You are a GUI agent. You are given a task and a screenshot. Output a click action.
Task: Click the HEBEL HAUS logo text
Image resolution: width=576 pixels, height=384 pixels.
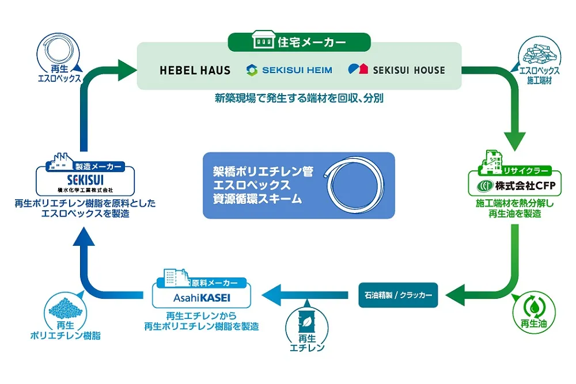point(195,71)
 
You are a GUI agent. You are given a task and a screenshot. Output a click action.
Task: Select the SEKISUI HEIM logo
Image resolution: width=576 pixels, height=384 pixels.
point(289,70)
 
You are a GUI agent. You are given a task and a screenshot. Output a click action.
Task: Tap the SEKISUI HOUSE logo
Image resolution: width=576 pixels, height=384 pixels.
point(397,70)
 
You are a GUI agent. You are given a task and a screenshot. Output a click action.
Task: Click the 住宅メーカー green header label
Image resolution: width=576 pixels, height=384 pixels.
point(300,43)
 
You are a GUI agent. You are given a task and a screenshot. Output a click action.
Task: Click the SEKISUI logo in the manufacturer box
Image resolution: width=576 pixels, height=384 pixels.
point(85,179)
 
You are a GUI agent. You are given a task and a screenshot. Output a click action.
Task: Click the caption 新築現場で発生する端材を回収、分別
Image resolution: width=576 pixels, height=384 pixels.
point(300,98)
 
